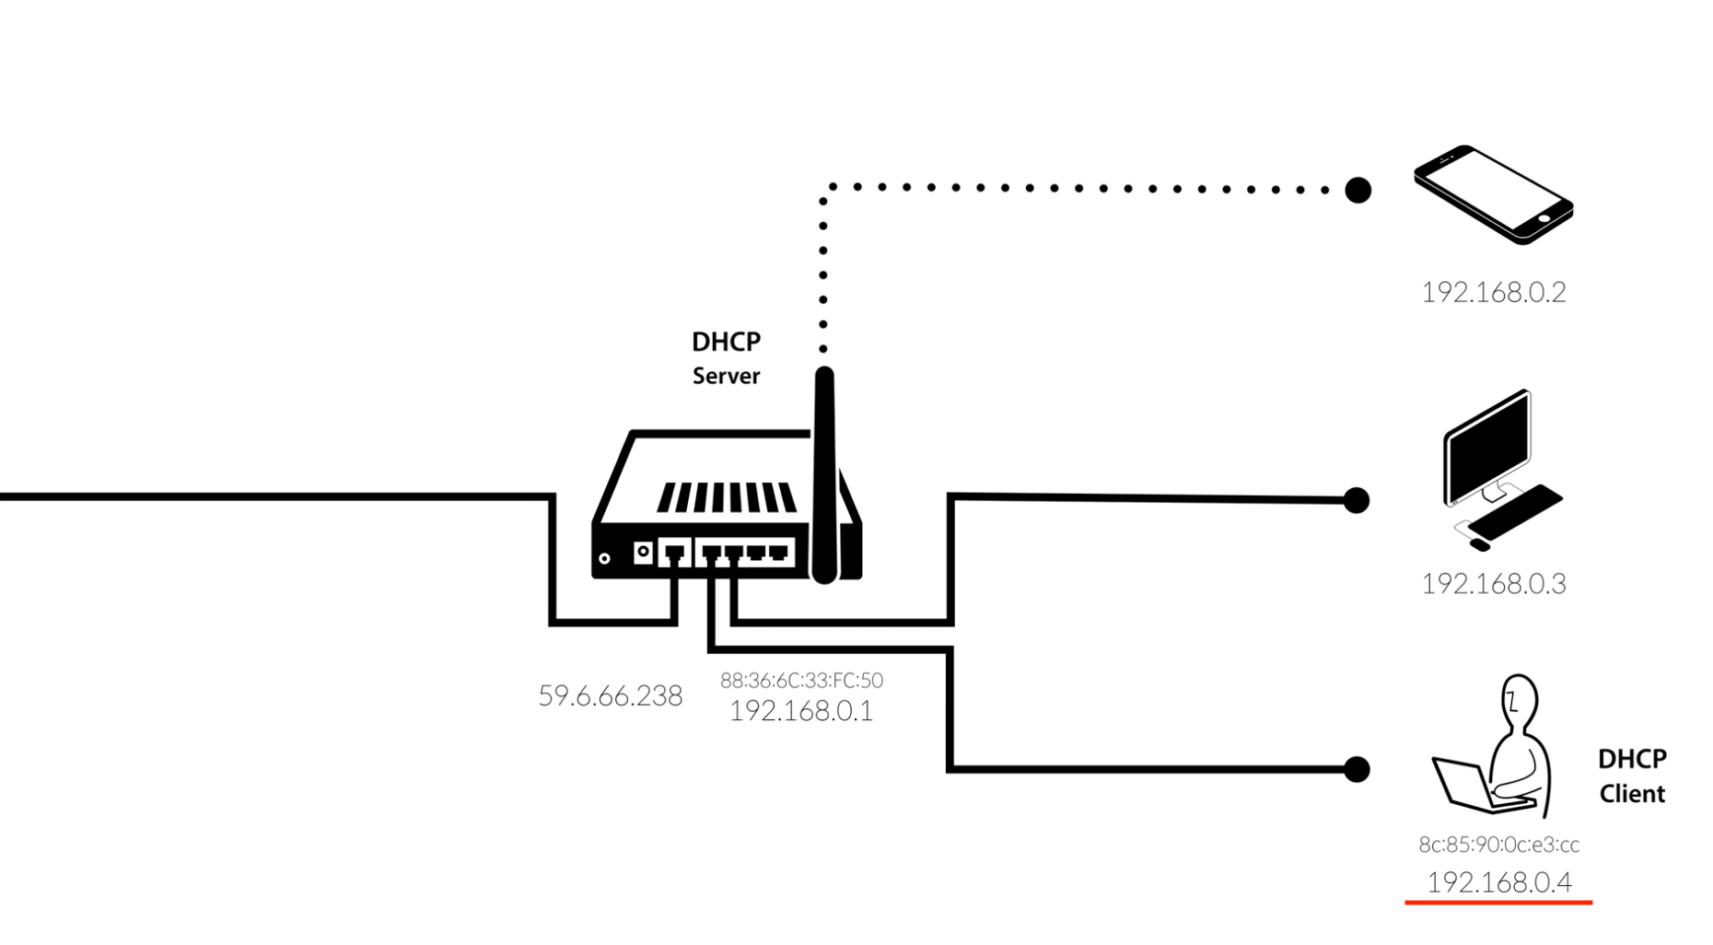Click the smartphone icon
point(1493,193)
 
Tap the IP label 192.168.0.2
point(1493,292)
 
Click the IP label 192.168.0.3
point(1493,584)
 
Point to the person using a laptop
point(1501,755)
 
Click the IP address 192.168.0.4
point(1498,882)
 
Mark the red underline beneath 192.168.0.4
point(1498,903)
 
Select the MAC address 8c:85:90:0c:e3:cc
point(1498,845)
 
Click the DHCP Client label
point(1631,776)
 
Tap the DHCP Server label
point(726,358)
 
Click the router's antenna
point(824,470)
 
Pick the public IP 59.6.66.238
point(610,695)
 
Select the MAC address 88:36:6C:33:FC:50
point(801,681)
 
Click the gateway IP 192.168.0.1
point(801,710)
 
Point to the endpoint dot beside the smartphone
point(1358,190)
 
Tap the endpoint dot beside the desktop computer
point(1356,500)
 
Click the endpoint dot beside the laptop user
point(1356,769)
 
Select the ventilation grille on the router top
point(726,497)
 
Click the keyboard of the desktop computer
point(1515,512)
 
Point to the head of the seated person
point(1519,700)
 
